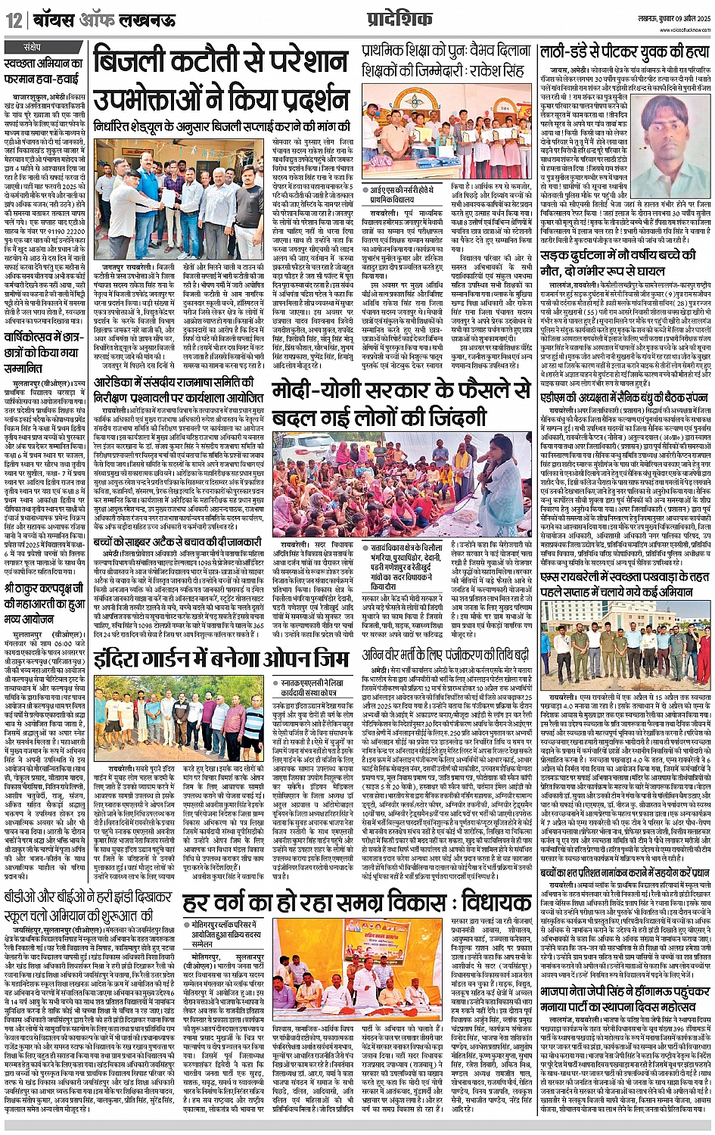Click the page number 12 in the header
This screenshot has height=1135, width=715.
pyautogui.click(x=14, y=20)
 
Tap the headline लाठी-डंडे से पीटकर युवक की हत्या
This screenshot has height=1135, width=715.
pyautogui.click(x=625, y=52)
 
